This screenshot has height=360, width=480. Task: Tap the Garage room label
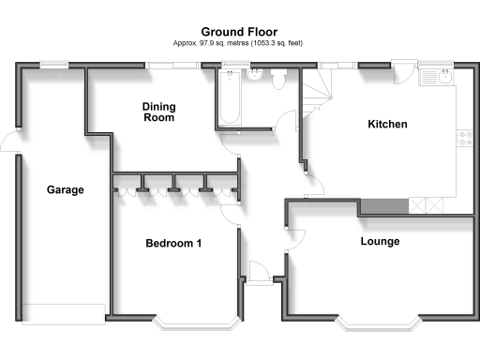[66, 189]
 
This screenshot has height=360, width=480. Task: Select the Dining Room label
[158, 112]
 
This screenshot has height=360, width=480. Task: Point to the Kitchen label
[387, 124]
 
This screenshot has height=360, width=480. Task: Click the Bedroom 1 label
[173, 244]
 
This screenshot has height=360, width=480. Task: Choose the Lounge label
[380, 241]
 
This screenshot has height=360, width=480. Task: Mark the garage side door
[9, 142]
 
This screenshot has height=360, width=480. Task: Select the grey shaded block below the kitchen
[383, 206]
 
